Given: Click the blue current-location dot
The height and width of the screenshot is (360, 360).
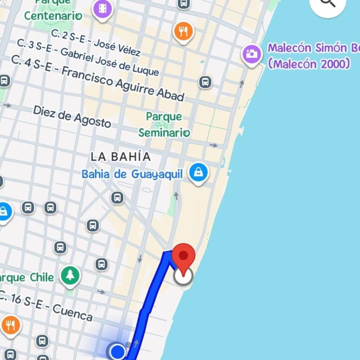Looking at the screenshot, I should [x=117, y=351].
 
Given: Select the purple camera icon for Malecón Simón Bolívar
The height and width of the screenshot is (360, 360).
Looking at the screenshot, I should [x=252, y=54].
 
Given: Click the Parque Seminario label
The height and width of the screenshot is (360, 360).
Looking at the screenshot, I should [x=164, y=124].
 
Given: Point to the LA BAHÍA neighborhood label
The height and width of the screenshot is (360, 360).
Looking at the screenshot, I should [x=120, y=157].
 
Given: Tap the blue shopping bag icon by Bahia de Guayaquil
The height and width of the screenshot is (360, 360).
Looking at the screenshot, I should [x=198, y=172].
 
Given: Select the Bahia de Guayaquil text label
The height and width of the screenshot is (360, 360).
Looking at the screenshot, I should [x=132, y=174].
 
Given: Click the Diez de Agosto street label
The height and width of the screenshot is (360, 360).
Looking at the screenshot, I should [x=72, y=116].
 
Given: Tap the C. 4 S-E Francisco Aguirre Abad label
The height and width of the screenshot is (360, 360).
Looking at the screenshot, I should [x=97, y=78].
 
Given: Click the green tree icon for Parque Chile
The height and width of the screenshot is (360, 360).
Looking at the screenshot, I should [x=70, y=275].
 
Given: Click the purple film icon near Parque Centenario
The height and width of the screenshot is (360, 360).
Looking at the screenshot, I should [x=103, y=8].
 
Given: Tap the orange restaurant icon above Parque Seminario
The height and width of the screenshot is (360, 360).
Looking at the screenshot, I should [x=183, y=31].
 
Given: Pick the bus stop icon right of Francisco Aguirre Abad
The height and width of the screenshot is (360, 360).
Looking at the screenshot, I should [x=205, y=82].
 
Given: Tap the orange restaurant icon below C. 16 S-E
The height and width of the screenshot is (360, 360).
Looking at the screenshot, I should [x=10, y=324].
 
